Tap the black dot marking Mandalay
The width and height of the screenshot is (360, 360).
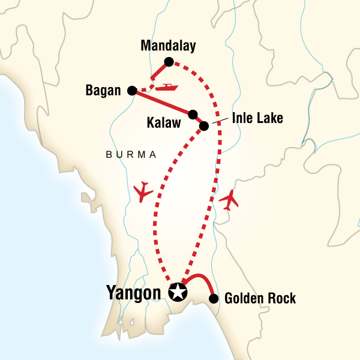tap(169, 61)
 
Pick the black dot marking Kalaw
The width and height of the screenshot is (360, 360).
tap(193, 114)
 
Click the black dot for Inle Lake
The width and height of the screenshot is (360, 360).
tap(203, 126)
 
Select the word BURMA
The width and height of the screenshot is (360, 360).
tap(131, 155)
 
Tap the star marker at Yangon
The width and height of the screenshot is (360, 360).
tap(178, 293)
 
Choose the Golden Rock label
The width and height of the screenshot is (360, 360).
tap(260, 299)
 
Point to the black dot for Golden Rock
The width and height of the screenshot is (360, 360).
tap(214, 298)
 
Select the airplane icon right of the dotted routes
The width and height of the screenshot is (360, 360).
tap(229, 200)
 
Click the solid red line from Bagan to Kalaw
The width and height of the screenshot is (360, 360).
tap(162, 103)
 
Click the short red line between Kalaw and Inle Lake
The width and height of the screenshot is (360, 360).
tap(198, 120)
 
